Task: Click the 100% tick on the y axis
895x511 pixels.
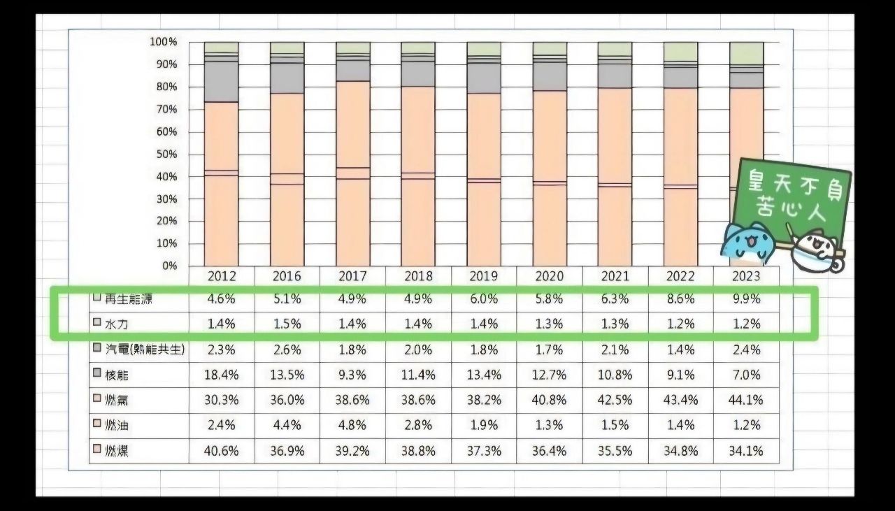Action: coord(163,42)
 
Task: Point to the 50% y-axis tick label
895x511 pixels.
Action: coord(165,154)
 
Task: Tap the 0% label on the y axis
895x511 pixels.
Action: coord(170,266)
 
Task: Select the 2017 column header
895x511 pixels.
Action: coord(352,276)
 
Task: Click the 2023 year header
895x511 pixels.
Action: coord(745,276)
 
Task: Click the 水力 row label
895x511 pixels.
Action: coord(117,324)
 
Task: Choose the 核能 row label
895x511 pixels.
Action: coord(117,375)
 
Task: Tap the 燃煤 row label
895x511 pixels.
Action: coord(117,452)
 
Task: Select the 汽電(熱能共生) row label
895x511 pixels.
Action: coord(144,349)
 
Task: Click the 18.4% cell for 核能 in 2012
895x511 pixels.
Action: coord(221,375)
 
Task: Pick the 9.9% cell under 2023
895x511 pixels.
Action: coord(745,299)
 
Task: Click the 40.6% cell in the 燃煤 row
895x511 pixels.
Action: coord(221,452)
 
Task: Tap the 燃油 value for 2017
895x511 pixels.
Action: coord(352,426)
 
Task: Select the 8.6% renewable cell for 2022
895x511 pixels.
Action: coord(680,299)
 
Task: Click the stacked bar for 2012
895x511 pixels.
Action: coord(221,154)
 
